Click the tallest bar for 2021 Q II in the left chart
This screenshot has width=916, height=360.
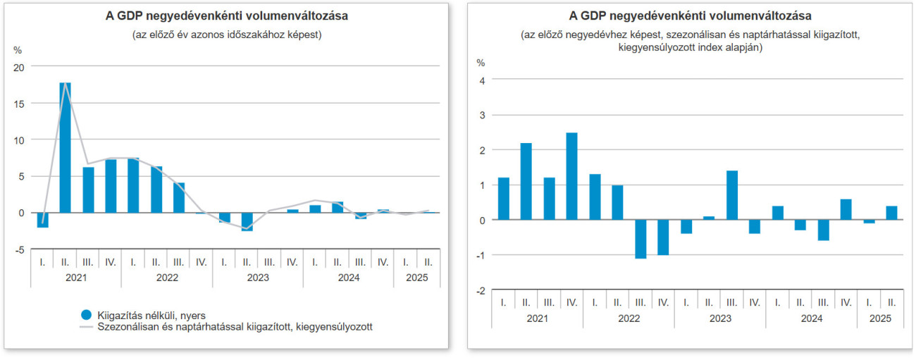[65, 148]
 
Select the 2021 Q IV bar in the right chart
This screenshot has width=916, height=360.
[571, 176]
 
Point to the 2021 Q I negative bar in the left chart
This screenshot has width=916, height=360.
[42, 220]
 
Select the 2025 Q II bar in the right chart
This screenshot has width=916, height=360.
[891, 213]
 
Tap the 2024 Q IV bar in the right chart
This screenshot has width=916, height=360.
[846, 209]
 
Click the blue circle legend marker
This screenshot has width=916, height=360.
[87, 314]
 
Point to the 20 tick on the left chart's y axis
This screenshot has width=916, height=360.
[18, 67]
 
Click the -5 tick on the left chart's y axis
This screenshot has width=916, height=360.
[20, 249]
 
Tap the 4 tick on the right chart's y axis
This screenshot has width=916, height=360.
[482, 80]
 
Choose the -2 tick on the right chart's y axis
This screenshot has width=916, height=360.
[481, 290]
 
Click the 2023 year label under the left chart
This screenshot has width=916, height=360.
[258, 278]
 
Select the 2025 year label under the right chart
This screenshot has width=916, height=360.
[880, 318]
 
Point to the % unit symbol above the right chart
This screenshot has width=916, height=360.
[481, 63]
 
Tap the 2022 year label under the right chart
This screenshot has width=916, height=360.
[629, 318]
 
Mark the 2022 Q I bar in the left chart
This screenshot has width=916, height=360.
[133, 185]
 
